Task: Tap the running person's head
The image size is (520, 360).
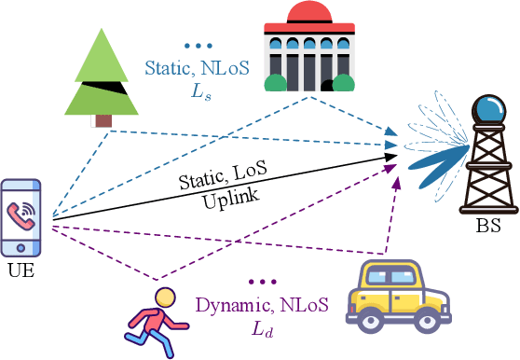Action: coord(164,298)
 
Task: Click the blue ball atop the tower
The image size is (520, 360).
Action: coord(486,108)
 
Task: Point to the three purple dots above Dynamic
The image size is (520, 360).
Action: coord(264,281)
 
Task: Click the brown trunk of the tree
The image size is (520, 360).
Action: coord(103,119)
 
